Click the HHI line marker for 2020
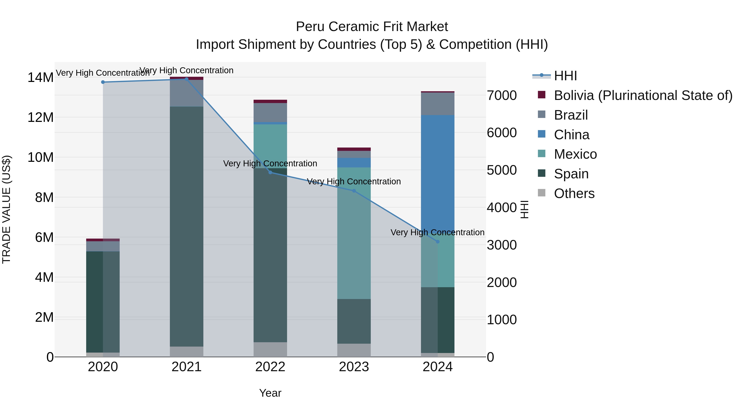(103, 82)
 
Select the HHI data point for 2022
(270, 173)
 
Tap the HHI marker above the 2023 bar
(354, 191)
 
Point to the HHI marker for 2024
(438, 242)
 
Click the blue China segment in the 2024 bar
(438, 174)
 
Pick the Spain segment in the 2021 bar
(187, 226)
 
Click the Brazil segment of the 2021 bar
(187, 93)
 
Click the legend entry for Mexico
(575, 154)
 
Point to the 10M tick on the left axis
(41, 158)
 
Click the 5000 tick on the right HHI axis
(502, 170)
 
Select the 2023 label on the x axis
(354, 367)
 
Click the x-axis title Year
(270, 393)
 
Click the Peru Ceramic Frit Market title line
(372, 27)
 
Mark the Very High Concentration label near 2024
(437, 233)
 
